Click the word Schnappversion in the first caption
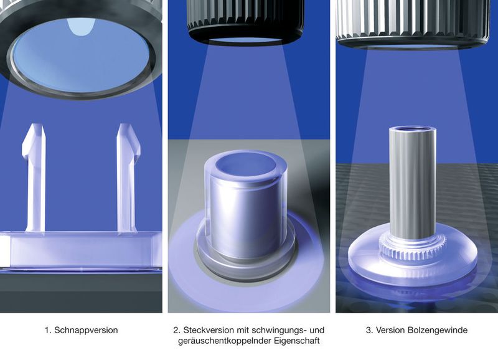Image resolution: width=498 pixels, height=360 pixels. coord(86,331)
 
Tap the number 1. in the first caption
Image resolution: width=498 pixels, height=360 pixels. coord(48,331)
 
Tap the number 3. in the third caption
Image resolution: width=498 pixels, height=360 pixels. coord(369,331)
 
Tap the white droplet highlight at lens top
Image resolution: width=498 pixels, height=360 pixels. coord(82,26)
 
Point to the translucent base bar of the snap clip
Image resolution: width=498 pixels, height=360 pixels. coord(81,250)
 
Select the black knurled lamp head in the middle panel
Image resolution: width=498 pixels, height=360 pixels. coord(246,19)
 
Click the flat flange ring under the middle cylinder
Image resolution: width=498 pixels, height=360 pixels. coord(245,260)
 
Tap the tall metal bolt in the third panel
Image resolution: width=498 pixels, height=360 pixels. coord(413,184)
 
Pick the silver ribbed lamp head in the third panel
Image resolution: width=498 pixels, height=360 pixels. coord(413,22)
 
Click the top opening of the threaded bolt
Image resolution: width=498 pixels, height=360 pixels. coord(412,129)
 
